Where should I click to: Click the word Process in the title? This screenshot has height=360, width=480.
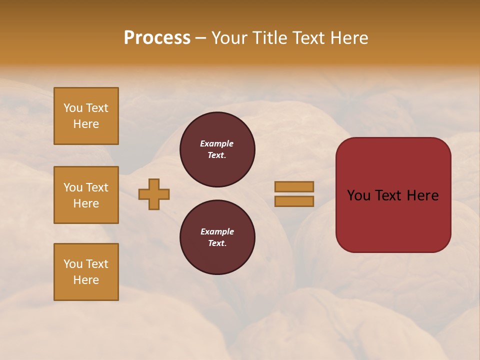point(157,38)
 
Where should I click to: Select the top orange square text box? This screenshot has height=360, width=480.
point(86,116)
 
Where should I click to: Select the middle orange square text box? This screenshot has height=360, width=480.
point(86,195)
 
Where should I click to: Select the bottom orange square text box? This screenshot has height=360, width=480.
point(86,272)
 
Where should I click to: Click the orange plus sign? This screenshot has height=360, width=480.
point(154,194)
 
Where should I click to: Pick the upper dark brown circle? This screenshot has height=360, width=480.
point(217,149)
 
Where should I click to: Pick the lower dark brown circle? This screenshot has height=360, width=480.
point(217,237)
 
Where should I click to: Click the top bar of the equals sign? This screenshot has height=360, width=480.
point(294,186)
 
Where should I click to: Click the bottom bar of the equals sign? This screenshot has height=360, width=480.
point(294,201)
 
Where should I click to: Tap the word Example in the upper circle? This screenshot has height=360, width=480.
point(217,143)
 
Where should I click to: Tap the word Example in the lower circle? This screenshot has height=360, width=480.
point(217,231)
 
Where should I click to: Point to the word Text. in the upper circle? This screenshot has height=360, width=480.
point(217,155)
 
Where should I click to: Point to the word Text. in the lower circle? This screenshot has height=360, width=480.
point(217,243)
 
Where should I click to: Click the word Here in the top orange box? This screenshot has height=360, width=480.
point(86,124)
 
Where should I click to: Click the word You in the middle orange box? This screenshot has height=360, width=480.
point(72,187)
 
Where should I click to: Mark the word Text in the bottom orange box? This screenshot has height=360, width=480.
point(96,264)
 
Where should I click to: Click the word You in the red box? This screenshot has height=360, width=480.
point(358,195)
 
